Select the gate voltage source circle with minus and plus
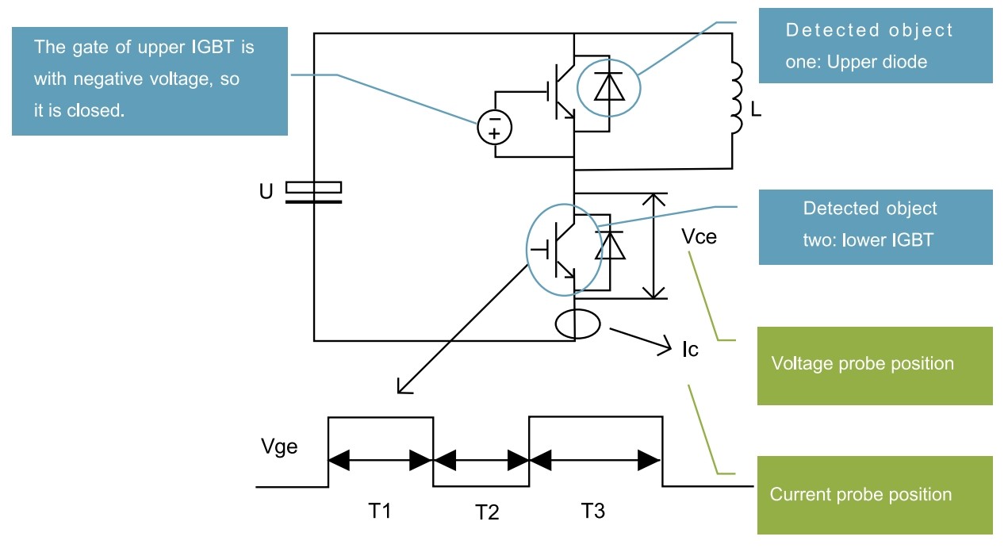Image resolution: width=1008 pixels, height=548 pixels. tap(494, 127)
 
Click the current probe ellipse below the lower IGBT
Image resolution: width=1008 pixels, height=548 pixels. tap(576, 323)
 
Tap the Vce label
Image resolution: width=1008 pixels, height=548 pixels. tap(699, 236)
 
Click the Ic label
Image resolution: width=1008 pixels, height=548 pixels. tap(690, 349)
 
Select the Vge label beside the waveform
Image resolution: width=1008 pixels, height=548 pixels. tap(279, 447)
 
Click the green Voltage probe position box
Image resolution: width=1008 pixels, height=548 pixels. tap(875, 366)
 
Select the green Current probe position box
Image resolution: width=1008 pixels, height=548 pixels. tap(875, 495)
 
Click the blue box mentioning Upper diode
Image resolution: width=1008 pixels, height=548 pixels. tap(875, 45)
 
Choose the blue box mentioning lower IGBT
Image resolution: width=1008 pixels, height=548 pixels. tap(875, 226)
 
